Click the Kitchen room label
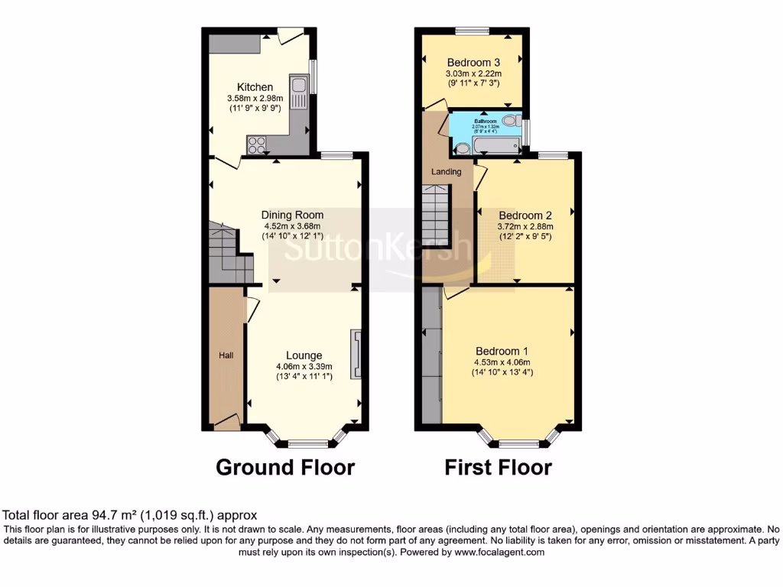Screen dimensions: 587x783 [x=255, y=87]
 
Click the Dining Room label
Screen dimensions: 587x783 [x=292, y=215]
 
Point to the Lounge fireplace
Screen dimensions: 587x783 [x=356, y=354]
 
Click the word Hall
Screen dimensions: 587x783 [x=227, y=355]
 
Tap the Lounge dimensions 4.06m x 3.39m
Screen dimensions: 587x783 [x=304, y=366]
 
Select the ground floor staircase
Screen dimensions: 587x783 [x=229, y=252]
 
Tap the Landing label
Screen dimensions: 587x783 [x=446, y=172]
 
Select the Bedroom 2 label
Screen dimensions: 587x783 [x=525, y=216]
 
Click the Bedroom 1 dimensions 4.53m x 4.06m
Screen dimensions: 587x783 [x=501, y=362]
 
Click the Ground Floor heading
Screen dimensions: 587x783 [x=285, y=467]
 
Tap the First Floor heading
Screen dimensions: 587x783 [x=498, y=467]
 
